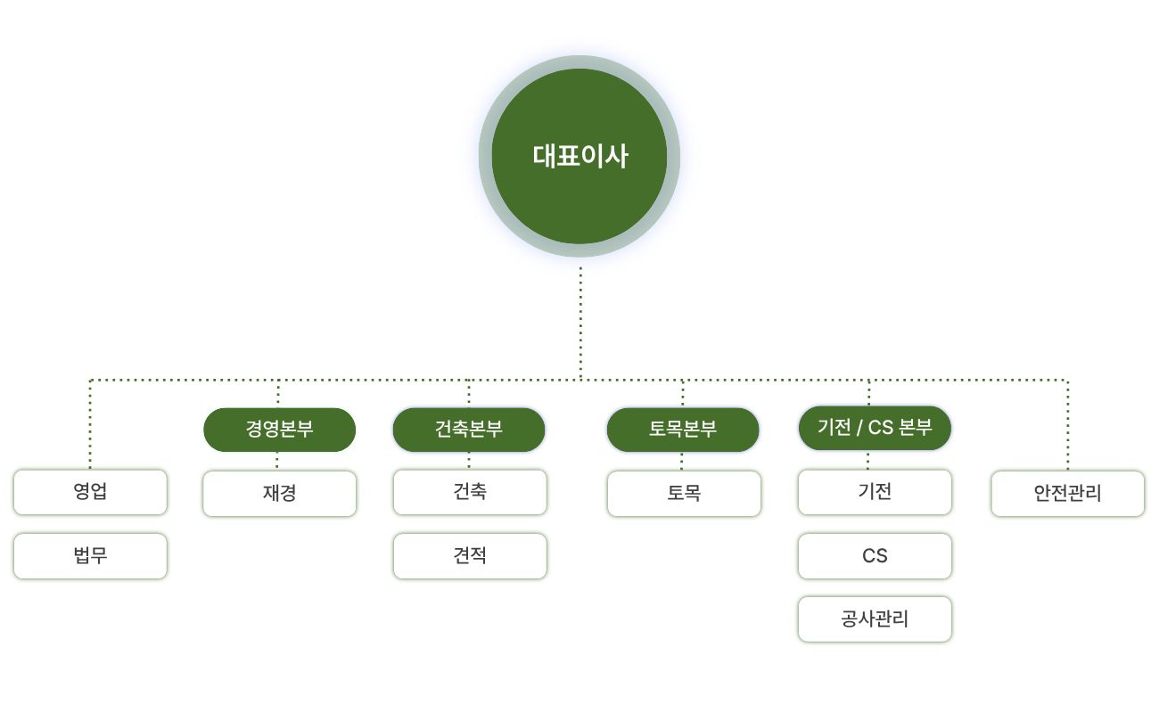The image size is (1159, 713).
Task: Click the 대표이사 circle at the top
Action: (x=579, y=156)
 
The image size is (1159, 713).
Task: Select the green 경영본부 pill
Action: (x=280, y=430)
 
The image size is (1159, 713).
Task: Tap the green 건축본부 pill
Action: (x=469, y=430)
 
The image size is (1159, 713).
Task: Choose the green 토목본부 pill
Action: (x=683, y=430)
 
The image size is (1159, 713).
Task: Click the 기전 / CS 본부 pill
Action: (x=875, y=428)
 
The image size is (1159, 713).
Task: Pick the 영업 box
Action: (x=90, y=492)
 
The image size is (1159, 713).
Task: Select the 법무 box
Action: (x=90, y=556)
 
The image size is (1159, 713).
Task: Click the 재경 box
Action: (x=280, y=494)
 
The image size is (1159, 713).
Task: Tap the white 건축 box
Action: (x=470, y=492)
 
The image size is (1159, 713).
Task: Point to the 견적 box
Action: (x=470, y=556)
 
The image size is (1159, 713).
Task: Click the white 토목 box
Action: (x=684, y=494)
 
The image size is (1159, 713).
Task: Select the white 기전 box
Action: (x=875, y=492)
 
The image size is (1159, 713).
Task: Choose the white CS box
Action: (x=875, y=556)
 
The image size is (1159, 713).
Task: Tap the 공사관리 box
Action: (x=875, y=619)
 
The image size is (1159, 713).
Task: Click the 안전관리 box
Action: (x=1067, y=494)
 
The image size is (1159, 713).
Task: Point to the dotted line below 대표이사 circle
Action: (x=580, y=321)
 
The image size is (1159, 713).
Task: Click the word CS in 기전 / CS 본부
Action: (x=880, y=428)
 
